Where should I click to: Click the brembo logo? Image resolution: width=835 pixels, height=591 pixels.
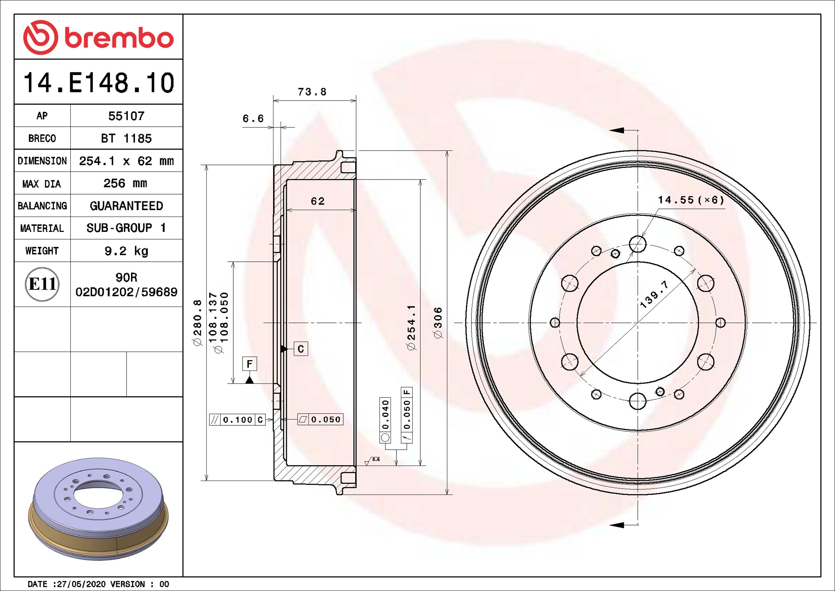point(98,37)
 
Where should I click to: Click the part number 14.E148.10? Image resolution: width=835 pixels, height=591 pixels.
point(98,83)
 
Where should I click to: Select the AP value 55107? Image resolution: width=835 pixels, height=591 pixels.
point(126,116)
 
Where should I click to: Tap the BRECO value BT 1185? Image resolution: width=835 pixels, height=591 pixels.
point(126,138)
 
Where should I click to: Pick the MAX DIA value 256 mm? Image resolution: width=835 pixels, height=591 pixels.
point(125,183)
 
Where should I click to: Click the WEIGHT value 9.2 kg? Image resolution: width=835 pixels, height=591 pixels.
point(126,251)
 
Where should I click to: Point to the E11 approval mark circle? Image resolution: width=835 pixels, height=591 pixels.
point(42,284)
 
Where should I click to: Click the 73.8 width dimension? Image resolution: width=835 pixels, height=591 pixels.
point(312,92)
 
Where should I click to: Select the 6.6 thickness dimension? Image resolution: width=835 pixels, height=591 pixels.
point(253,119)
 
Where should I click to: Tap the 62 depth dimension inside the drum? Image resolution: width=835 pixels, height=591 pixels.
point(317,201)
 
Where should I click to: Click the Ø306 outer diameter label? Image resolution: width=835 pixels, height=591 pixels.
point(438,323)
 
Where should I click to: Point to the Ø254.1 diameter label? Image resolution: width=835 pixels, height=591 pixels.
point(412,328)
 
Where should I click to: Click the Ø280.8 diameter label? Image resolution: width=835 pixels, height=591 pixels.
point(198,323)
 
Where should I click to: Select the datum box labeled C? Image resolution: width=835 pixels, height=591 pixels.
point(301,349)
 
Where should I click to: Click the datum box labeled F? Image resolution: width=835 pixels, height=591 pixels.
point(250,364)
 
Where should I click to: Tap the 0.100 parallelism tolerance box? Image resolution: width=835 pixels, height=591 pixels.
point(237,420)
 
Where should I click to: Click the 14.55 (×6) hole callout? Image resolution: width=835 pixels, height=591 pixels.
point(691,200)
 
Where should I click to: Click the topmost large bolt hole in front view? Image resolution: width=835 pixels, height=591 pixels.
point(637,244)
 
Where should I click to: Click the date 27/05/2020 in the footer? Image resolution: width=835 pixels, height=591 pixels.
point(81,584)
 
